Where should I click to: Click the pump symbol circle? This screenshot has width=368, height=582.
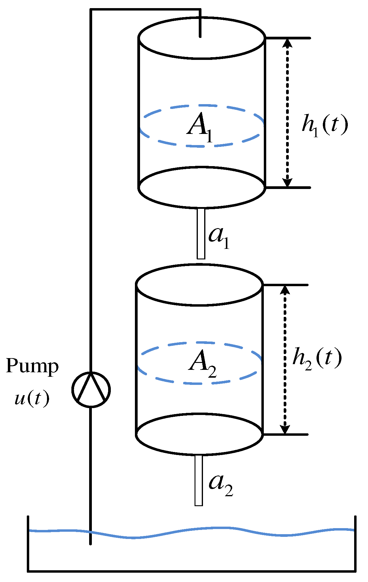click(x=91, y=389)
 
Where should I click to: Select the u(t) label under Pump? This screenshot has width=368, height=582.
click(x=32, y=399)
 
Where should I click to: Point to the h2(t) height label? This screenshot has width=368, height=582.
click(x=317, y=358)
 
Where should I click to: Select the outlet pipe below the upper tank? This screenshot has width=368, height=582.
click(x=201, y=234)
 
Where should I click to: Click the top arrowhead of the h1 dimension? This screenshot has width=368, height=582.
click(x=288, y=44)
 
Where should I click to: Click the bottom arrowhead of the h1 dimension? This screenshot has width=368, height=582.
click(x=288, y=182)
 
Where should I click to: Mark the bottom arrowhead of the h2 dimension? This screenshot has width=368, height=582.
click(x=285, y=429)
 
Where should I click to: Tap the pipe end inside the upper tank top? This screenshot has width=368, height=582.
click(x=200, y=36)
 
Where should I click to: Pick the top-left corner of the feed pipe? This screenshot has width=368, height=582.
click(x=91, y=10)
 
